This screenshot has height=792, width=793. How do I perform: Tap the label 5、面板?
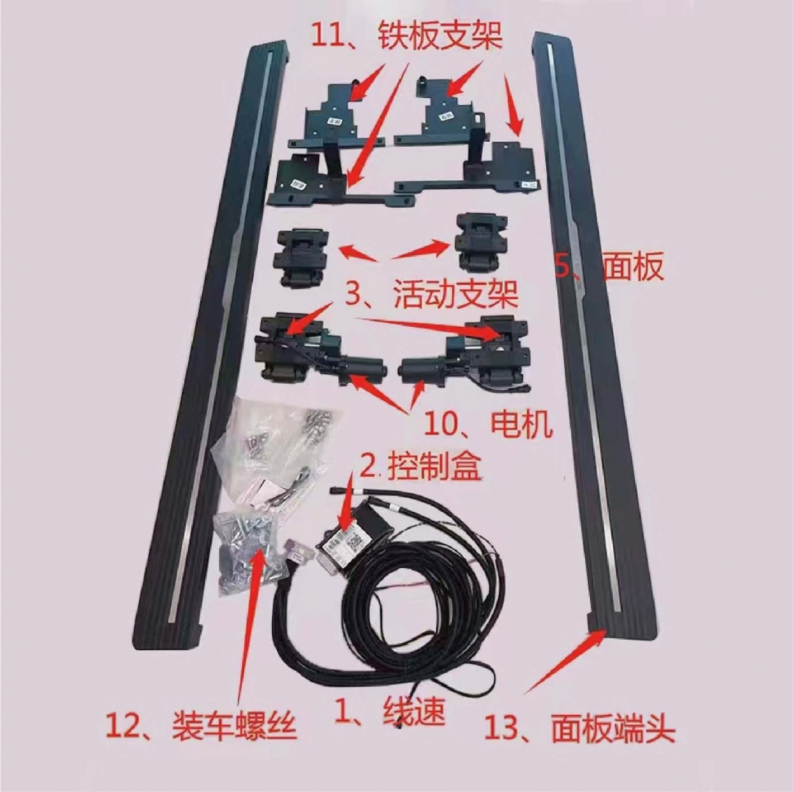[609, 267]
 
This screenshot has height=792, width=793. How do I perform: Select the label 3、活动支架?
[431, 296]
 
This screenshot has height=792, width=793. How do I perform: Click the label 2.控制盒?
[422, 467]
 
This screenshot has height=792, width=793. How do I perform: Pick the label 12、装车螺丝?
[201, 727]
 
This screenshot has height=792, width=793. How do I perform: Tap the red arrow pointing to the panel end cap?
[563, 661]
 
